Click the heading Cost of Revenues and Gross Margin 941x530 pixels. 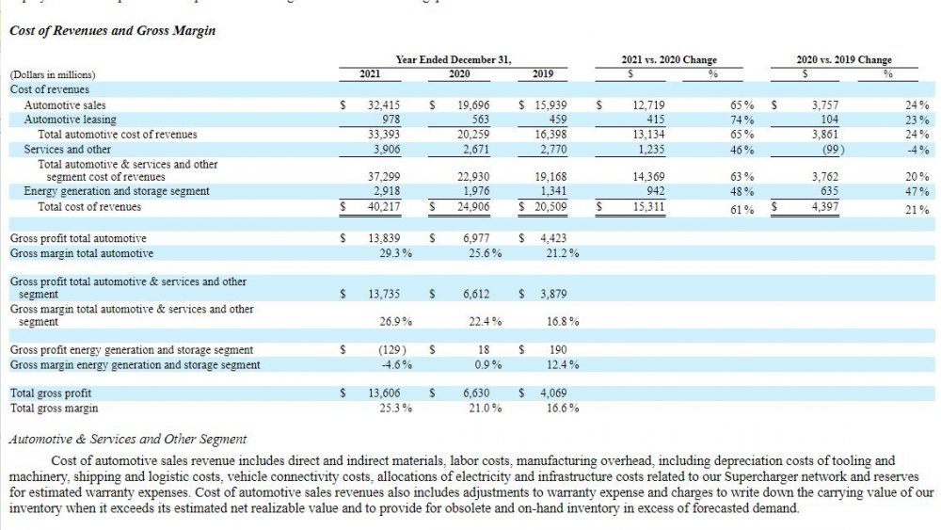pos(112,31)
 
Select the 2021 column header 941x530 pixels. pos(370,73)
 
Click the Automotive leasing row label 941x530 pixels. pos(71,120)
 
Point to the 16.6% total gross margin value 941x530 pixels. pos(563,409)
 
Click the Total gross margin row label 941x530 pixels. pos(54,409)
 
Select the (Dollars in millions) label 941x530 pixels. pos(53,74)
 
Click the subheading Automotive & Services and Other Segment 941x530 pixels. pos(126,439)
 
